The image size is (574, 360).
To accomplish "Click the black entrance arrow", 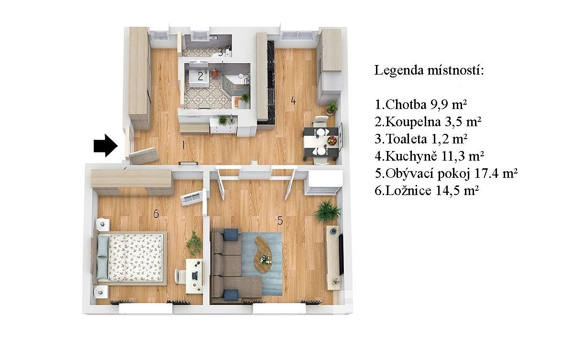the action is click(106, 145).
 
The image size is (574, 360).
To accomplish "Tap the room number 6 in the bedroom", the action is click(156, 214).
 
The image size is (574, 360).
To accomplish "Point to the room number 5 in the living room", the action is click(280, 220).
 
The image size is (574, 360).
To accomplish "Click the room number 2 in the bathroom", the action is click(200, 76).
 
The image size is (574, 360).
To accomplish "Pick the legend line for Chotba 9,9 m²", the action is click(421, 105).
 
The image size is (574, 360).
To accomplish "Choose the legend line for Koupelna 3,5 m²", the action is click(428, 122).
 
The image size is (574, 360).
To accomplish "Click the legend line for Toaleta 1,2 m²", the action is click(421, 139).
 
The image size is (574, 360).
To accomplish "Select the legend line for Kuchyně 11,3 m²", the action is click(429, 156).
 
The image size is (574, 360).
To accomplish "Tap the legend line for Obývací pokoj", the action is click(446, 174).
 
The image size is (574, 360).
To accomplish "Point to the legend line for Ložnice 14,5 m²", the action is click(427, 191).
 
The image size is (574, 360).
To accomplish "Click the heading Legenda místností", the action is click(429, 70).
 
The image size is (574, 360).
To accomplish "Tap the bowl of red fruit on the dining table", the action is click(332, 140).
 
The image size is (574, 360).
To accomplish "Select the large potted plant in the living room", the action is click(328, 211).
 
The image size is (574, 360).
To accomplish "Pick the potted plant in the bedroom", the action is click(194, 243).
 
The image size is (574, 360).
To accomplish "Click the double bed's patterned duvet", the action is click(135, 258).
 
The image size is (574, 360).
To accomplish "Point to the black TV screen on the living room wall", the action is click(341, 254).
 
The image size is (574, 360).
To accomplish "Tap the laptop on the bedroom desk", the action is click(195, 275).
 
